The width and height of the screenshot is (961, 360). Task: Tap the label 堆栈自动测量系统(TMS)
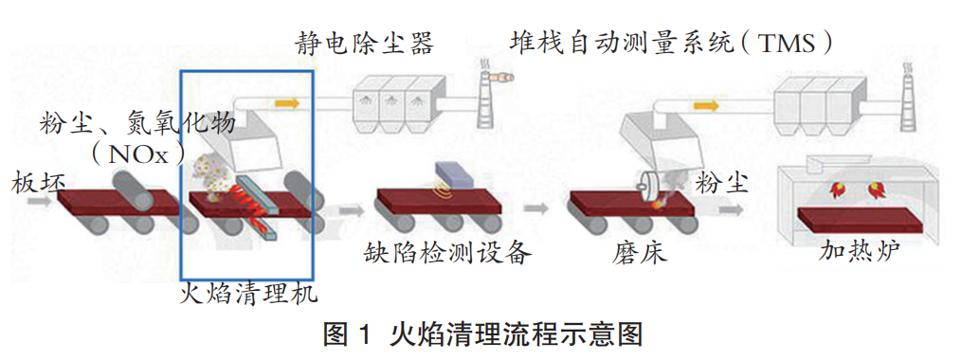pyautogui.click(x=671, y=45)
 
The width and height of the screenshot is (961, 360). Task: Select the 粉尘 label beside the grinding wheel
pyautogui.click(x=721, y=183)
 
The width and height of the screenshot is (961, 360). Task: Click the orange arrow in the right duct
pyautogui.click(x=703, y=106)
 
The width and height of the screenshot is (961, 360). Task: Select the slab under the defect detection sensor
pyautogui.click(x=439, y=203)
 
